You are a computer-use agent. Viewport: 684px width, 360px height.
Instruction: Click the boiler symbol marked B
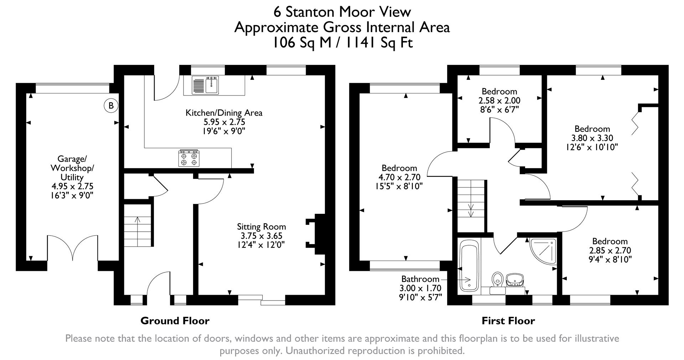coord(111,106)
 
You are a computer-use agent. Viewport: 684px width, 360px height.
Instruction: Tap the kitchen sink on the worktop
coord(206,86)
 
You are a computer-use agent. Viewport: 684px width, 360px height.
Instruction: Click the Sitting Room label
coord(261,227)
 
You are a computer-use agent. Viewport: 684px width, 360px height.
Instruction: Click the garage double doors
coord(73,248)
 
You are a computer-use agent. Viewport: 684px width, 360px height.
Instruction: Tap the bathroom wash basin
coord(515,279)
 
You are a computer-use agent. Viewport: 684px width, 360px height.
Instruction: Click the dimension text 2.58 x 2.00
coord(499,101)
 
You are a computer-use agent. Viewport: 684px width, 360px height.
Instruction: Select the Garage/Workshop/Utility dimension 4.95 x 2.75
coord(72,186)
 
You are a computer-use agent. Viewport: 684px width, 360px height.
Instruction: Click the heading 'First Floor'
coord(508,321)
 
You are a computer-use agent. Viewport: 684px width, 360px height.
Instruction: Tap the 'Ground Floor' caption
coord(175,321)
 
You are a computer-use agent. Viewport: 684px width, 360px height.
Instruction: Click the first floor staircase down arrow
coord(471,210)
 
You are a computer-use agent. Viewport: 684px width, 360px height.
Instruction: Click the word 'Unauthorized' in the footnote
coord(314,351)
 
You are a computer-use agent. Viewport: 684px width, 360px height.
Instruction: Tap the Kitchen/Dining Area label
coord(224,113)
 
